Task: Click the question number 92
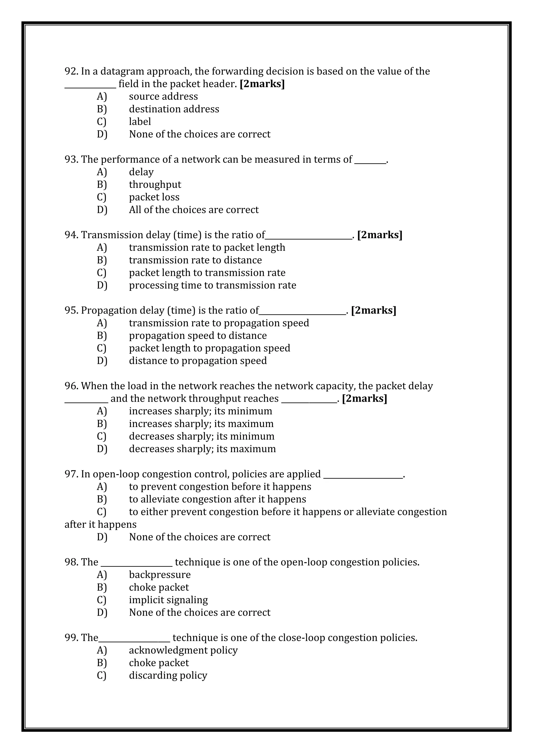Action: point(71,71)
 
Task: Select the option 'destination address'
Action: point(174,109)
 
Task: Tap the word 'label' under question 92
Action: point(140,122)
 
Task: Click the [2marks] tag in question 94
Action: point(379,235)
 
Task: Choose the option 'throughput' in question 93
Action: point(155,184)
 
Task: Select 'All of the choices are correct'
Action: point(194,210)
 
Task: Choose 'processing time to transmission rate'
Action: point(212,285)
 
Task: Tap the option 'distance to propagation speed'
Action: point(198,361)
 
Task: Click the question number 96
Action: point(71,386)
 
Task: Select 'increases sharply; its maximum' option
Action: point(201,424)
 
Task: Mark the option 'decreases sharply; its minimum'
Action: point(201,437)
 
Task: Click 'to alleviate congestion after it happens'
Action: point(217,499)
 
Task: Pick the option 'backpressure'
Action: point(160,575)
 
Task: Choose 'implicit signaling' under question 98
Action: point(168,600)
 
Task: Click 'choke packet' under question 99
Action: point(158,663)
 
